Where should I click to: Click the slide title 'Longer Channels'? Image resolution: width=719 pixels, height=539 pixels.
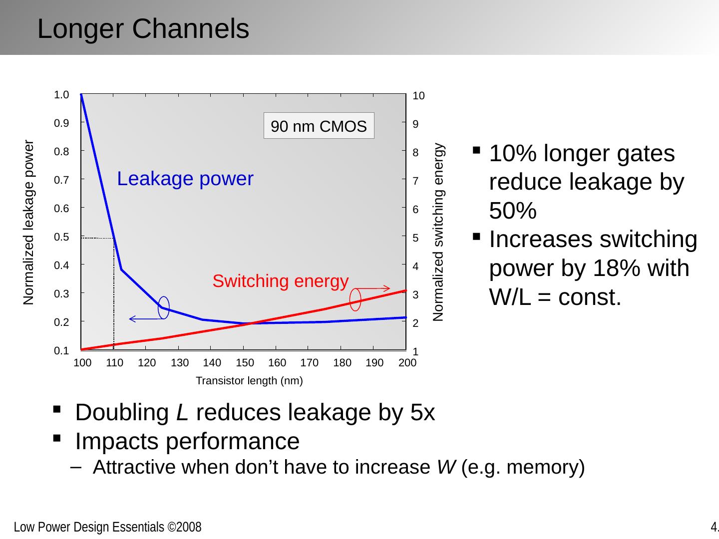click(x=143, y=29)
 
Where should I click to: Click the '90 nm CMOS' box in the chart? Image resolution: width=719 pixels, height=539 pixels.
click(x=319, y=126)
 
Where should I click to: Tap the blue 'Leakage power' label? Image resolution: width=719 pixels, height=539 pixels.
click(x=185, y=179)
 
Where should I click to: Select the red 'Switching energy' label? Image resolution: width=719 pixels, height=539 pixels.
click(x=280, y=281)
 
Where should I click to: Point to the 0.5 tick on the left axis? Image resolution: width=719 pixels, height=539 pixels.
click(x=62, y=237)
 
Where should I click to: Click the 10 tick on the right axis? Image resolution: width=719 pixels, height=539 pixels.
click(x=419, y=96)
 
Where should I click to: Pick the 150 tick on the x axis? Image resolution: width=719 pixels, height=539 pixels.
click(x=245, y=363)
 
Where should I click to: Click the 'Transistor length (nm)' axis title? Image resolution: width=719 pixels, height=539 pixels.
click(x=249, y=381)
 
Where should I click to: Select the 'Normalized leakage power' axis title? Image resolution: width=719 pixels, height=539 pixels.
click(x=29, y=223)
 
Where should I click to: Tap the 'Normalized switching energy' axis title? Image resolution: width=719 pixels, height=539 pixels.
click(x=438, y=233)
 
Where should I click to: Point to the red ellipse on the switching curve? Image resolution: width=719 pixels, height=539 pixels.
click(x=356, y=299)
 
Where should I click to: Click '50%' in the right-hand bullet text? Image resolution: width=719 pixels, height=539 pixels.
click(x=513, y=212)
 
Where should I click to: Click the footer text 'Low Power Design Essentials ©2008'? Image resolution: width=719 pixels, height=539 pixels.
click(x=107, y=527)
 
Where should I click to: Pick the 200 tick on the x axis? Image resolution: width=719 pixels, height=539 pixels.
click(x=407, y=363)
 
